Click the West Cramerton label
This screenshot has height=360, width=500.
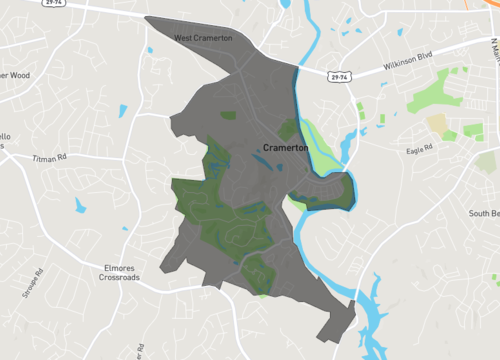click(203, 38)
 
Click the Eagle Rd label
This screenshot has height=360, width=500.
click(421, 149)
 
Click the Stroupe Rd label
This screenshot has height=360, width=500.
click(41, 284)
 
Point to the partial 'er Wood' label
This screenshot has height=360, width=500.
click(14, 75)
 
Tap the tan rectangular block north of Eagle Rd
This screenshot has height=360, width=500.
click(437, 123)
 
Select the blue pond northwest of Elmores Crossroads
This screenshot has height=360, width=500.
click(79, 205)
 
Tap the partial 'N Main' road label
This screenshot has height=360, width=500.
click(493, 50)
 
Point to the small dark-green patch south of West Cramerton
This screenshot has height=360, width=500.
click(228, 115)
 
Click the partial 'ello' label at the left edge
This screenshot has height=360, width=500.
click(6, 136)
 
